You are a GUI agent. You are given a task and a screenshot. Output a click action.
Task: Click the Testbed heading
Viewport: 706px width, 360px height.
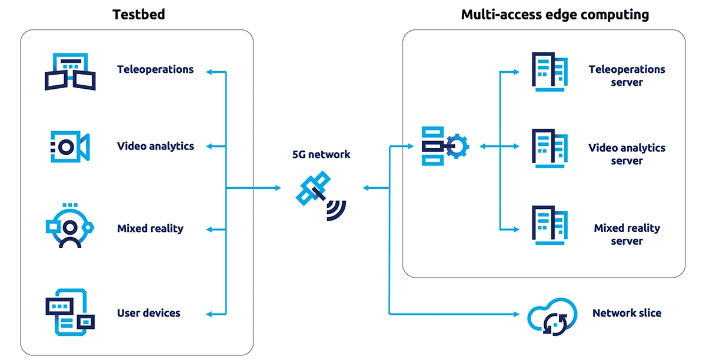(139, 14)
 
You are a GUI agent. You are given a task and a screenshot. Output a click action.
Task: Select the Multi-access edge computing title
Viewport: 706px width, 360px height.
(555, 15)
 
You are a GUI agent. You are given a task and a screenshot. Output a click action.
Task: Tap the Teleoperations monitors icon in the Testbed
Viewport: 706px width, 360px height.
(70, 72)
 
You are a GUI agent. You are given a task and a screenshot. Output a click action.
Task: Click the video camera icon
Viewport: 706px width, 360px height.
(69, 145)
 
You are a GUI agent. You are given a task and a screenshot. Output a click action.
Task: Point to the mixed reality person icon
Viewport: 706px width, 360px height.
(70, 226)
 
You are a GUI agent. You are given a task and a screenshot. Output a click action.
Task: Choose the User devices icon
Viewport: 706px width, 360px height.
(70, 312)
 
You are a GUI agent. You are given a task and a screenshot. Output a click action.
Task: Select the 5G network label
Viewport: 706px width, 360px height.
(321, 155)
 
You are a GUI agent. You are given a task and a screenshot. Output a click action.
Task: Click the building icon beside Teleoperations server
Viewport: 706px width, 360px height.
(550, 72)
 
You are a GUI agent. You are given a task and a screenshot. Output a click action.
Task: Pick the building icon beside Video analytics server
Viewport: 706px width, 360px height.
(550, 149)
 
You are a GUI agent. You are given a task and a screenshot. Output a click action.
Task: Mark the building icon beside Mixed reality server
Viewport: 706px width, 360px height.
(550, 225)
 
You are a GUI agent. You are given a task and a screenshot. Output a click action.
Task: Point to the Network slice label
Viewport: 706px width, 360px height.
(627, 313)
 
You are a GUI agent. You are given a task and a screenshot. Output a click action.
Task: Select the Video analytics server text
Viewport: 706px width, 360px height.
(627, 154)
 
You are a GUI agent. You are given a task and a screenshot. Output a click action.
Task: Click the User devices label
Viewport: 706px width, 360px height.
(149, 313)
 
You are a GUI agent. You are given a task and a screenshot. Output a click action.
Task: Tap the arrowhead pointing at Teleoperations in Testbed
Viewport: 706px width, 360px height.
(208, 72)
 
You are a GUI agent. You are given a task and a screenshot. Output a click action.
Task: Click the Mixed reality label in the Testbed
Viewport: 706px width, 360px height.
(150, 228)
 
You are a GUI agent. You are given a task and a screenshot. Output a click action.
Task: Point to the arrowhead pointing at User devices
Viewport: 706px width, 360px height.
(208, 314)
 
